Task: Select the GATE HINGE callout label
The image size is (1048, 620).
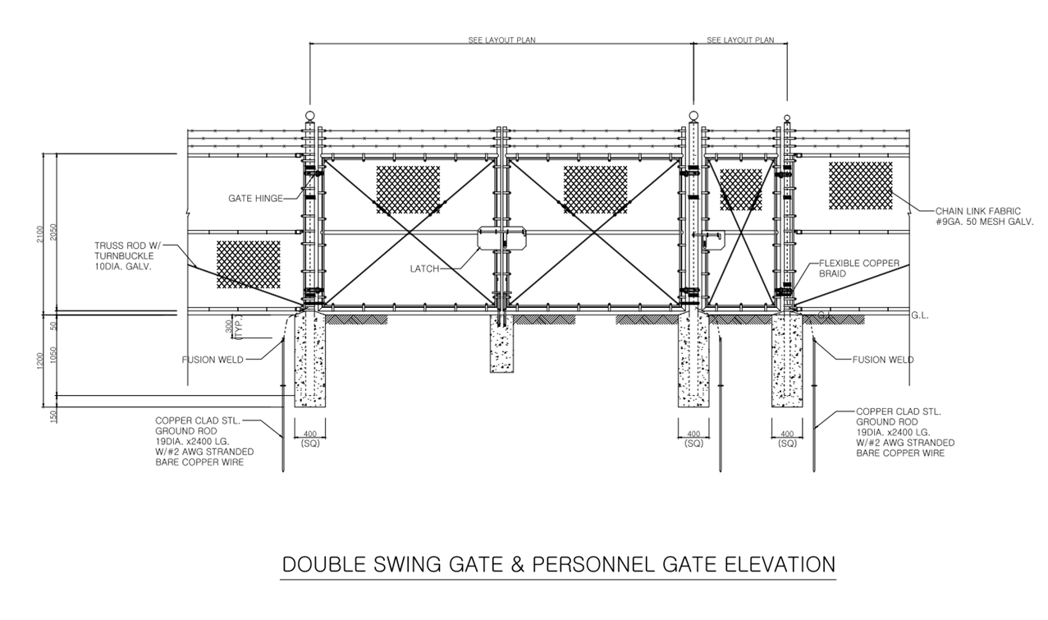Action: [x=256, y=199]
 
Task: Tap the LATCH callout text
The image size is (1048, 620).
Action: [x=426, y=269]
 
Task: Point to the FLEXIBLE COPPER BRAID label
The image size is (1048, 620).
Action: [x=859, y=269]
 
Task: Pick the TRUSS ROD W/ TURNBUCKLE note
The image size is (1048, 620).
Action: [x=127, y=255]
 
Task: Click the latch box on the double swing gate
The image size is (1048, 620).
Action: [x=501, y=239]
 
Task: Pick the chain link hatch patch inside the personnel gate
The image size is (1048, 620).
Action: [x=741, y=190]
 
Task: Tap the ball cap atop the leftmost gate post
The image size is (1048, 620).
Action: [x=309, y=116]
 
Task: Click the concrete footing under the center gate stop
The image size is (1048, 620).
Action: [x=501, y=344]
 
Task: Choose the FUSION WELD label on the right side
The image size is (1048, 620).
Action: [x=883, y=360]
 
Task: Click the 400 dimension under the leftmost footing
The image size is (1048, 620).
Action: [x=310, y=433]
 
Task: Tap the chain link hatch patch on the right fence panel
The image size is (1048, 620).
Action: [x=860, y=185]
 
